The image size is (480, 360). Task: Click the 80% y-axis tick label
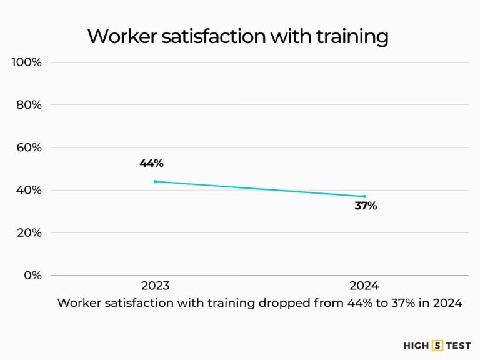(29, 105)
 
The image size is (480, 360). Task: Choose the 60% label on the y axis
(29, 147)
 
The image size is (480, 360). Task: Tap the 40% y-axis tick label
(29, 190)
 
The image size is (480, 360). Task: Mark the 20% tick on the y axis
(29, 232)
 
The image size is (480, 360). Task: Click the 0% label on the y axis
(32, 275)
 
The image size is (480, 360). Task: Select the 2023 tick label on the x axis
(155, 286)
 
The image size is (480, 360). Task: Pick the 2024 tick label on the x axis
(364, 286)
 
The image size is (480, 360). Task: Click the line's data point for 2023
(155, 181)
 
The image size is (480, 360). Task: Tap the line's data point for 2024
(364, 196)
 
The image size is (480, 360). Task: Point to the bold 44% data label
(151, 163)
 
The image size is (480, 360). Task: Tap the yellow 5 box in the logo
(437, 344)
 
